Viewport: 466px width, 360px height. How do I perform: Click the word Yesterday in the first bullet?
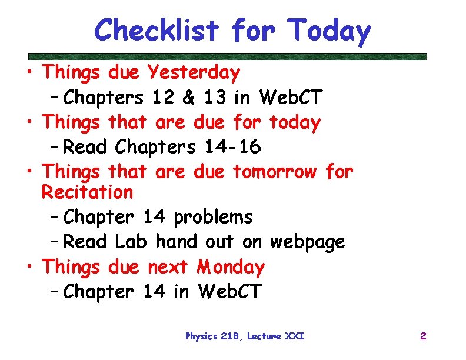pyautogui.click(x=194, y=73)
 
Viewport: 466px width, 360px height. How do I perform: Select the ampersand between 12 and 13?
pyautogui.click(x=188, y=96)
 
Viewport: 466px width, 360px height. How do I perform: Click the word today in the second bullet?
pyautogui.click(x=295, y=122)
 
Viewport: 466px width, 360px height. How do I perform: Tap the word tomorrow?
pyautogui.click(x=275, y=172)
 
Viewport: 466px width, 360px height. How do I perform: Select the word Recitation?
pyautogui.click(x=88, y=192)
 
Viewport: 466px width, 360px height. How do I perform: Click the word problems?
pyautogui.click(x=213, y=217)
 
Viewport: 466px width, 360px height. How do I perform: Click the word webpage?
pyautogui.click(x=307, y=242)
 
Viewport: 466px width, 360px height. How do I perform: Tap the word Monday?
pyautogui.click(x=231, y=267)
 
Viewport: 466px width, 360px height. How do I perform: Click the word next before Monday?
pyautogui.click(x=167, y=267)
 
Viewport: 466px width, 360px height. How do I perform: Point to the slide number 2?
pyautogui.click(x=422, y=336)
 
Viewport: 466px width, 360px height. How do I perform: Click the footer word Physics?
pyautogui.click(x=202, y=336)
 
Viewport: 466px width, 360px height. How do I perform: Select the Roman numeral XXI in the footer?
pyautogui.click(x=294, y=336)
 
